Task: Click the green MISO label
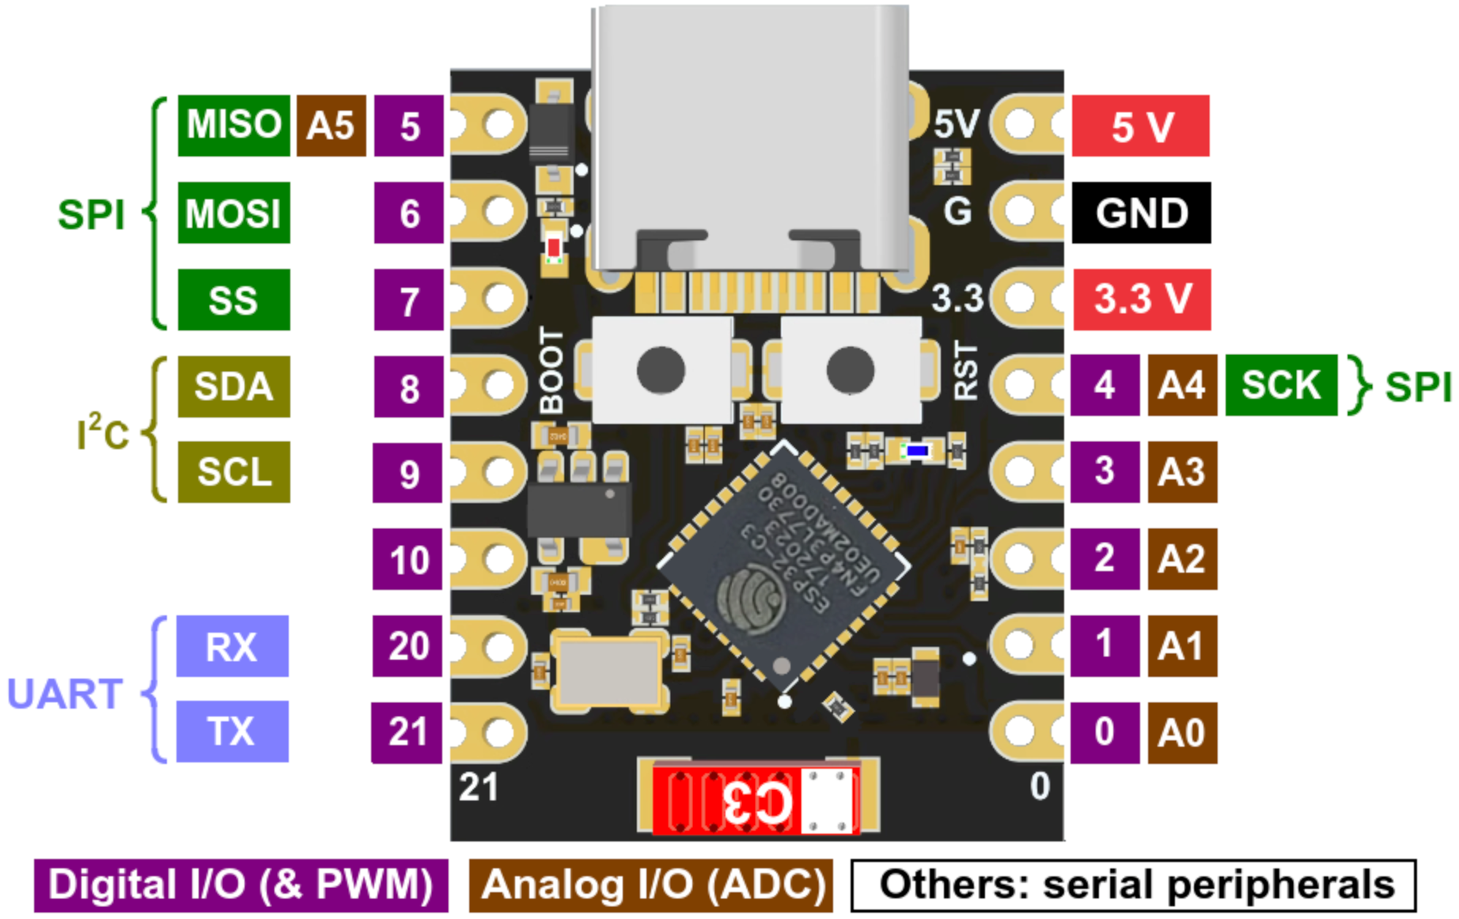pos(233,126)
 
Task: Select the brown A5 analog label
pos(331,126)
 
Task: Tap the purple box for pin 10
pos(407,560)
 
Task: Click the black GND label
pos(1141,213)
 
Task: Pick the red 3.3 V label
pos(1141,299)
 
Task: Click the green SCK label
pos(1280,385)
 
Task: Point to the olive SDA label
pos(233,387)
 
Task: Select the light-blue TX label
pos(232,732)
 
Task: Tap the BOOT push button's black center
pos(661,370)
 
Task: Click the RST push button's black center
pos(850,370)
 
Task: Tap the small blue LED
pos(917,451)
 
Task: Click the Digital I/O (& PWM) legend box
pos(241,885)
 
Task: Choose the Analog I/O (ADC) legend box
pos(650,885)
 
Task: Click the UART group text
pos(65,694)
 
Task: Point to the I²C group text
pos(103,432)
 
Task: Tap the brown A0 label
pos(1181,732)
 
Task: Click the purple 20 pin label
pos(407,646)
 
